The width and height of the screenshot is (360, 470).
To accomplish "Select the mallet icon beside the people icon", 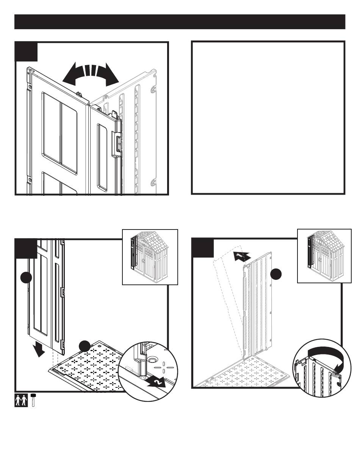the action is coord(33,400).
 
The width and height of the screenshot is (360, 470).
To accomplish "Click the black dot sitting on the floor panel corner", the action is coord(85,346).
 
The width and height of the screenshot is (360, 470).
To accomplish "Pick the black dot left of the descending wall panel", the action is coord(26,278).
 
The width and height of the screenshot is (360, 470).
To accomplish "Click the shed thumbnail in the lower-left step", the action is coord(150,257).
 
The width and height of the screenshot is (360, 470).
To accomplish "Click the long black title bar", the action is coord(180,22).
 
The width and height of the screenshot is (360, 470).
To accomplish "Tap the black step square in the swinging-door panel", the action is coord(26,52).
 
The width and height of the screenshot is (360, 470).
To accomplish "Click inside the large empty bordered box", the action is coord(268,117).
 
